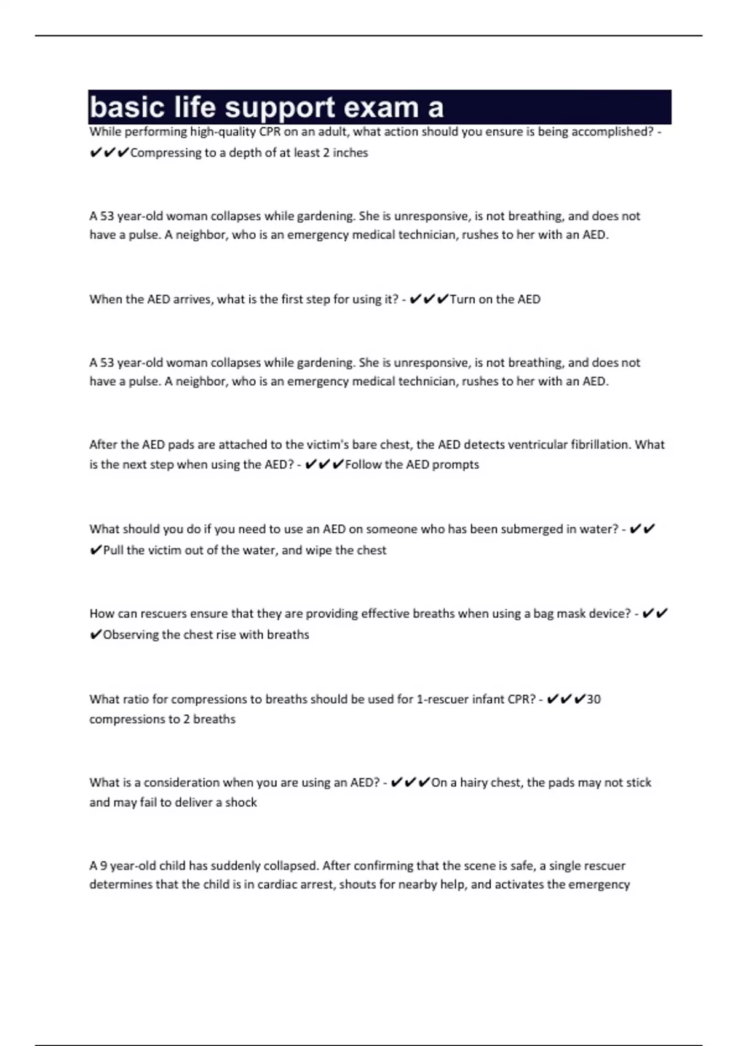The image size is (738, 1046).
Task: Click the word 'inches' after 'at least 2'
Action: (350, 153)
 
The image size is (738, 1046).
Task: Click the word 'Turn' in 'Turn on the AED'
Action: (462, 299)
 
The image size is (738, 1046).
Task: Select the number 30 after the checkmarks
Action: (593, 699)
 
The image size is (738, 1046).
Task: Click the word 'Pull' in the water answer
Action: (113, 550)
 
